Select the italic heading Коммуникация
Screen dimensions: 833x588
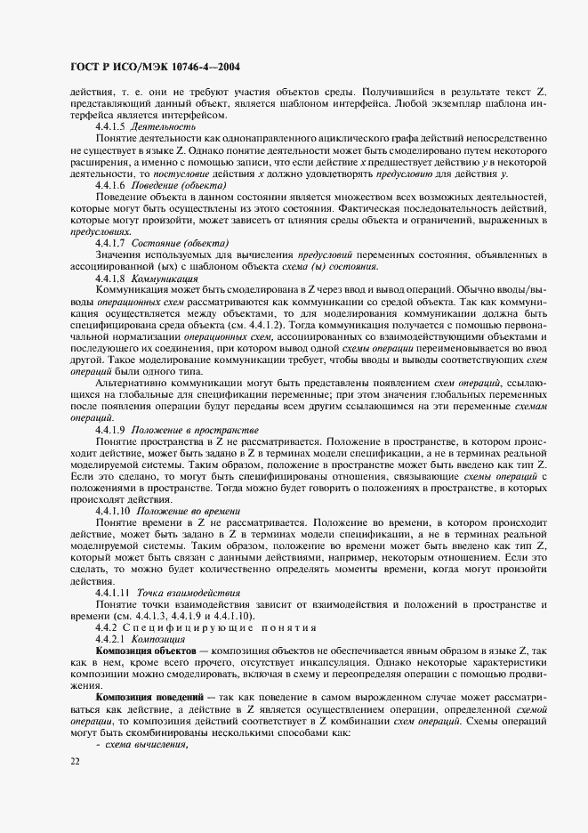point(166,303)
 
